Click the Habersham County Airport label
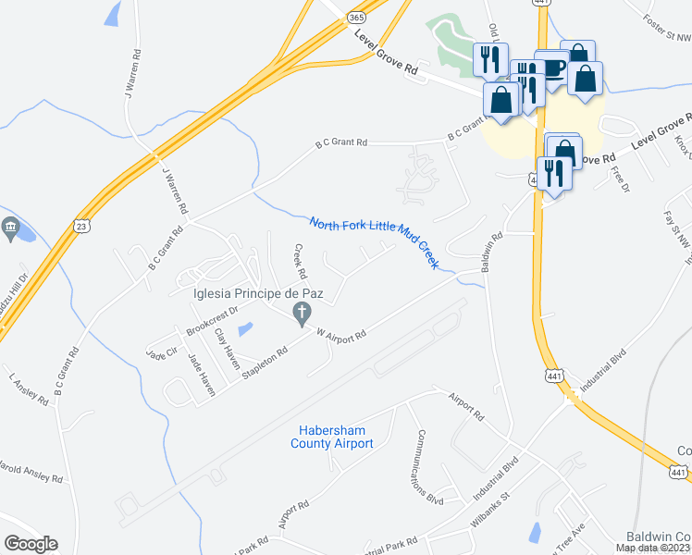coord(336,437)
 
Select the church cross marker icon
coord(301,316)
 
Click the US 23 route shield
coord(82,225)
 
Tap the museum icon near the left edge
coord(10,227)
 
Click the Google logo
coord(31,544)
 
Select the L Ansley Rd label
coord(29,389)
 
